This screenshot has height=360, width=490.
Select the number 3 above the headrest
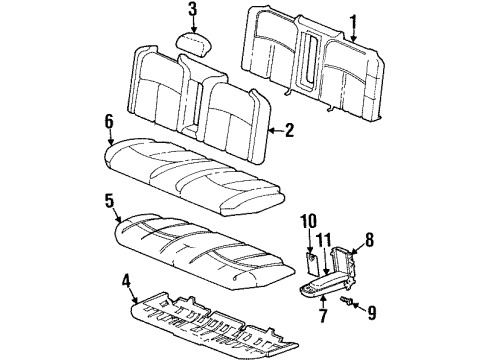[192, 13]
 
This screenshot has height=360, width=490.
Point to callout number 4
[127, 295]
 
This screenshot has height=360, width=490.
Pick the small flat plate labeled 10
[312, 264]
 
